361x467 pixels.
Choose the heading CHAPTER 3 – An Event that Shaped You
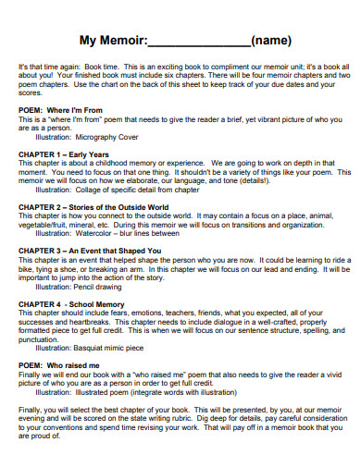[90, 250]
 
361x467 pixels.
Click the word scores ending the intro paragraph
[31, 92]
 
